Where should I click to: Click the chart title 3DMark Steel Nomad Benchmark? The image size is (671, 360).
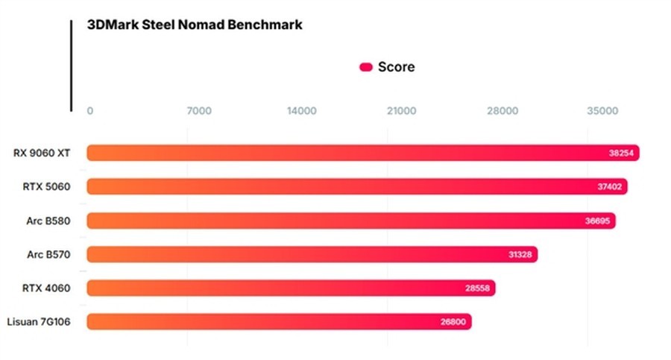click(x=195, y=25)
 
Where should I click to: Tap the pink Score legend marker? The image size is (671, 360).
click(x=365, y=67)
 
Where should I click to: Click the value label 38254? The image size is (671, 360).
click(x=621, y=153)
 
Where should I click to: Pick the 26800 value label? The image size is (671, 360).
click(x=453, y=321)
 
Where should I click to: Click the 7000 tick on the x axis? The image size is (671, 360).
click(x=199, y=111)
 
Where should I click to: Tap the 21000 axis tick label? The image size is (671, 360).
click(x=401, y=111)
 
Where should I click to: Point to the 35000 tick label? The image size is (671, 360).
click(x=602, y=111)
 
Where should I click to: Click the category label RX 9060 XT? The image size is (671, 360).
click(x=42, y=153)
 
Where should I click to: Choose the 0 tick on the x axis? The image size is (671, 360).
click(x=90, y=111)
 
